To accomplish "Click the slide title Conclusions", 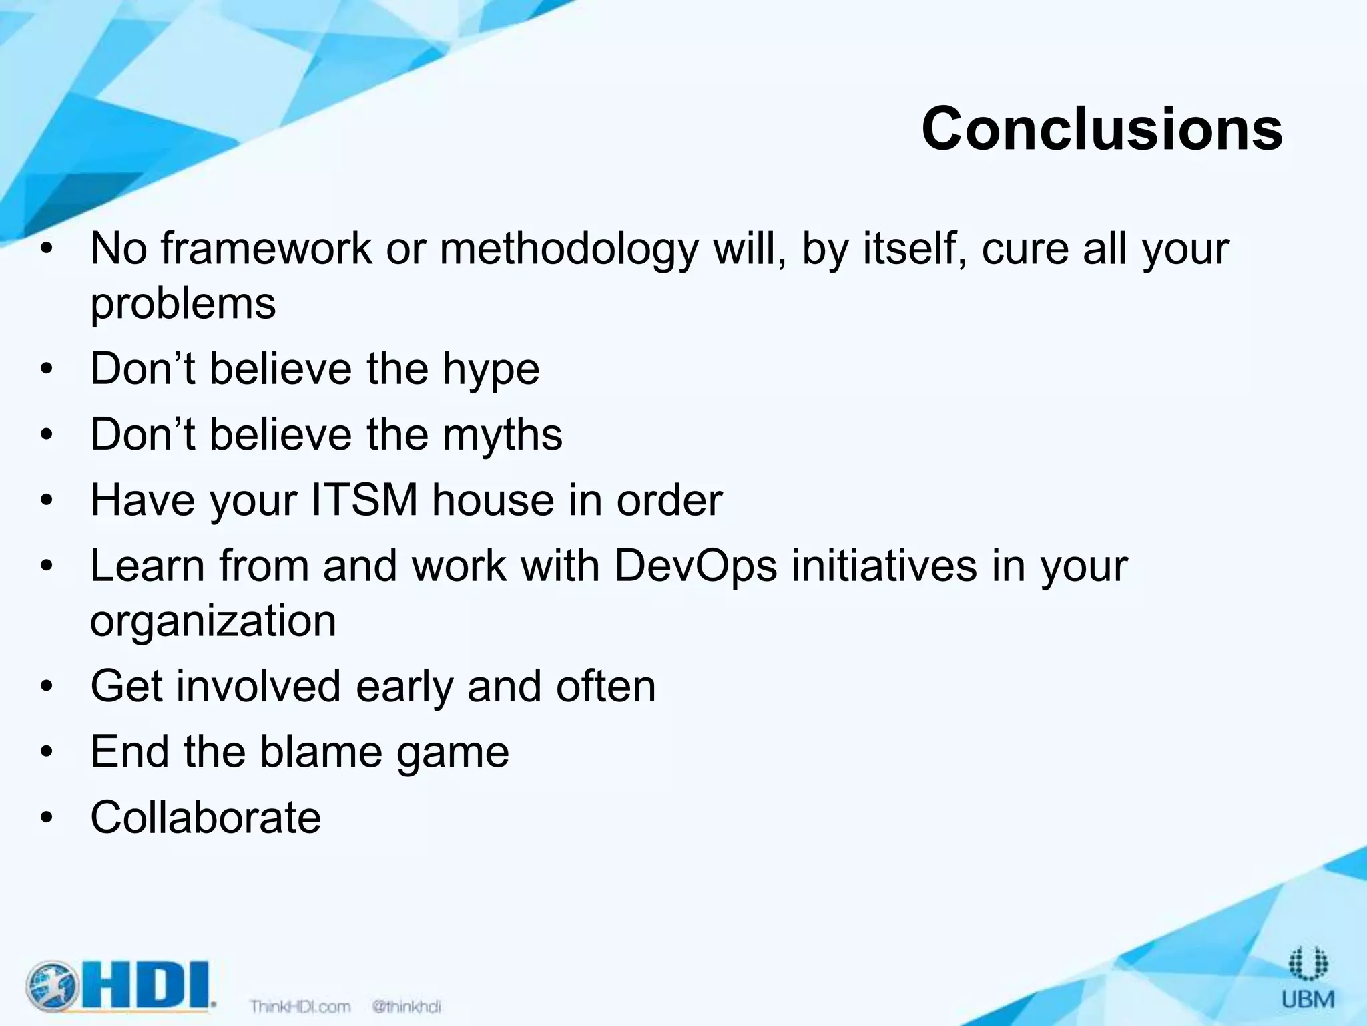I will coord(1101,128).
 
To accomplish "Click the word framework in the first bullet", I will coord(266,248).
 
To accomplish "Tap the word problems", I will coord(183,305).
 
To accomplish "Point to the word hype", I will coord(491,369).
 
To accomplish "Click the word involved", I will coord(258,686).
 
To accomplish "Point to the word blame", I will coord(320,751).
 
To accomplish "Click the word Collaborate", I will coord(206,817).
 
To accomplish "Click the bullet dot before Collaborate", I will coord(45,818).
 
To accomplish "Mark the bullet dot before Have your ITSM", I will coord(45,501).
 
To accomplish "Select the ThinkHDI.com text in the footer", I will coord(300,1006).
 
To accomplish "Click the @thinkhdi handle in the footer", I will coord(406,1006).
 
